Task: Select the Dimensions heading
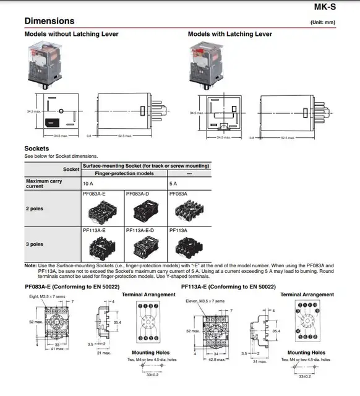[x=49, y=21]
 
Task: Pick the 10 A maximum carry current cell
[x=88, y=184]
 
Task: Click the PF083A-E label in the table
[x=94, y=194]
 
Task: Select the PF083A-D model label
[x=137, y=194]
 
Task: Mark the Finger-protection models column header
[x=124, y=174]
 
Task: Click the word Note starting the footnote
[x=30, y=265]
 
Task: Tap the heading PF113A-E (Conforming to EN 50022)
[x=228, y=287]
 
